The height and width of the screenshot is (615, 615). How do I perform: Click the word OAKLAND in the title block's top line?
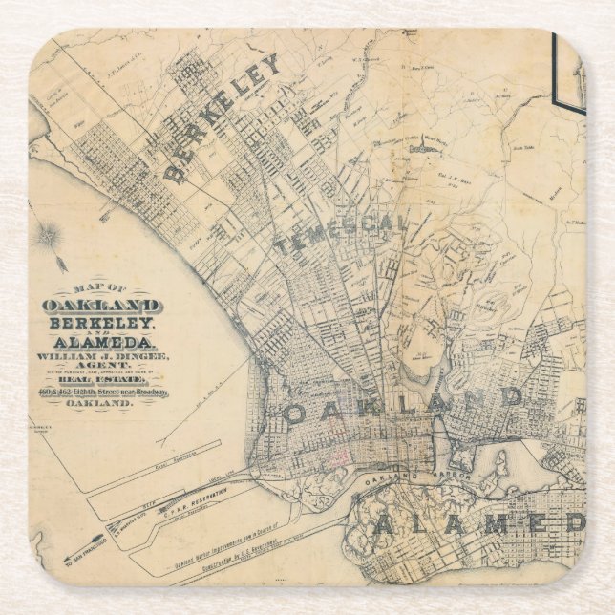point(101,306)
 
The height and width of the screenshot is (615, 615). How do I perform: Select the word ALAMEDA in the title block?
point(101,342)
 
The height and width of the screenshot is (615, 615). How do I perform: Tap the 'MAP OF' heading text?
point(101,289)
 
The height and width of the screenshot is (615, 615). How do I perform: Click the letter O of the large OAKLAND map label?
point(298,414)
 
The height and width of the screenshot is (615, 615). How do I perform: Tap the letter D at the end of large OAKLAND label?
point(513,394)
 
